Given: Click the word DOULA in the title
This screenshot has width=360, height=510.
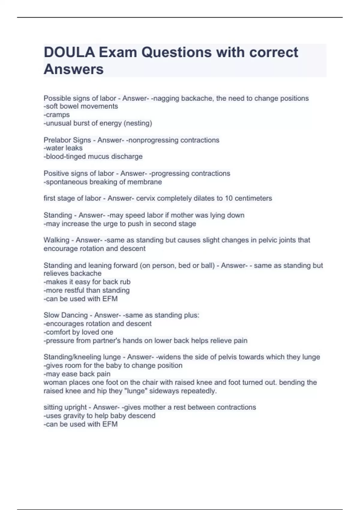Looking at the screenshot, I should tap(69, 52).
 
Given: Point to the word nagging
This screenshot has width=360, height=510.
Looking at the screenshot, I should tap(166, 98).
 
